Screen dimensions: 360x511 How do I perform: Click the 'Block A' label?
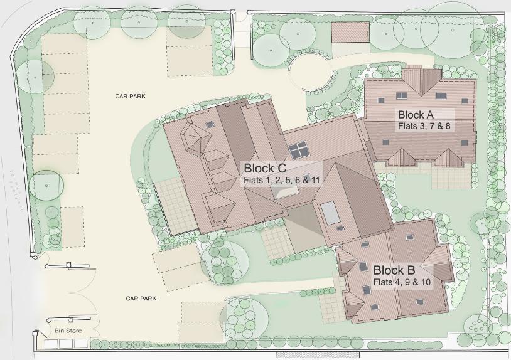pyautogui.click(x=416, y=114)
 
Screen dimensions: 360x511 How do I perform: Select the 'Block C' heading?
pyautogui.click(x=265, y=168)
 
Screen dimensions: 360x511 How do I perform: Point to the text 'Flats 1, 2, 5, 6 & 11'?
pyautogui.click(x=281, y=180)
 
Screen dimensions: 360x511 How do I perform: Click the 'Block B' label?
pyautogui.click(x=394, y=270)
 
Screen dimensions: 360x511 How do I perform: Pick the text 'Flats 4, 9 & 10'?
pyautogui.click(x=402, y=282)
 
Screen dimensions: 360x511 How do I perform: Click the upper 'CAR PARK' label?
pyautogui.click(x=130, y=97)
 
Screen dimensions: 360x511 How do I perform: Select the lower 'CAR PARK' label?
pyautogui.click(x=141, y=299)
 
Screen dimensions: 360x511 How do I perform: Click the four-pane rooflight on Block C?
pyautogui.click(x=298, y=151)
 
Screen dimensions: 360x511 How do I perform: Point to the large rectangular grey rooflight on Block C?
pyautogui.click(x=330, y=213)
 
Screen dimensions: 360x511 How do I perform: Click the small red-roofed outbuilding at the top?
pyautogui.click(x=350, y=33)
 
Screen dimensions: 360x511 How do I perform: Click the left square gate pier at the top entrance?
pyautogui.click(x=232, y=12)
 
